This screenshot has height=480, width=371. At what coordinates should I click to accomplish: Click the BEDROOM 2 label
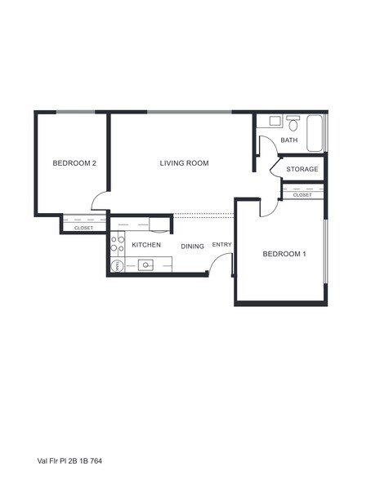click(74, 163)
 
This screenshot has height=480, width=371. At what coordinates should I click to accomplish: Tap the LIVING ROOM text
click(184, 163)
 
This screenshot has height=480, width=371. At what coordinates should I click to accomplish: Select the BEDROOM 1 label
click(284, 254)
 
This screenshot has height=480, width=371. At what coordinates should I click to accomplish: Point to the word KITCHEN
click(146, 245)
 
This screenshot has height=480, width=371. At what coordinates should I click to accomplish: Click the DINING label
click(192, 246)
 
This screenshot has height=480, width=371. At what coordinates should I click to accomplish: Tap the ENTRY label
click(221, 245)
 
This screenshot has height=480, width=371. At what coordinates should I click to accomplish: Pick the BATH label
click(289, 140)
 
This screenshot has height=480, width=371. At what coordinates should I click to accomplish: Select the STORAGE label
click(302, 170)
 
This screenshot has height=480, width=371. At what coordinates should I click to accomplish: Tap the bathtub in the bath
click(315, 133)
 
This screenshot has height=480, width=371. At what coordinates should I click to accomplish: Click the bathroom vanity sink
click(274, 121)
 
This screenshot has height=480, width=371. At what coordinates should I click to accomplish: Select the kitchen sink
click(146, 264)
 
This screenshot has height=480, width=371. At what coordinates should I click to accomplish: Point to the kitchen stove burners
click(117, 242)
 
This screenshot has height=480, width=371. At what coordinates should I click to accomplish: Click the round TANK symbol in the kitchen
click(116, 265)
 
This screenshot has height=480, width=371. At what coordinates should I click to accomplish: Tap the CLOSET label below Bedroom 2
click(83, 228)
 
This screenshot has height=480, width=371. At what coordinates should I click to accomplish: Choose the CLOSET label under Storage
click(302, 195)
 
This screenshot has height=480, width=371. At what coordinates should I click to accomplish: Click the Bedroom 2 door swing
click(100, 201)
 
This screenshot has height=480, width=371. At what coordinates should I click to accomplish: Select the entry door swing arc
click(219, 263)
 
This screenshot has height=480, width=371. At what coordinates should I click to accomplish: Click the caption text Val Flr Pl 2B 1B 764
click(69, 460)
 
